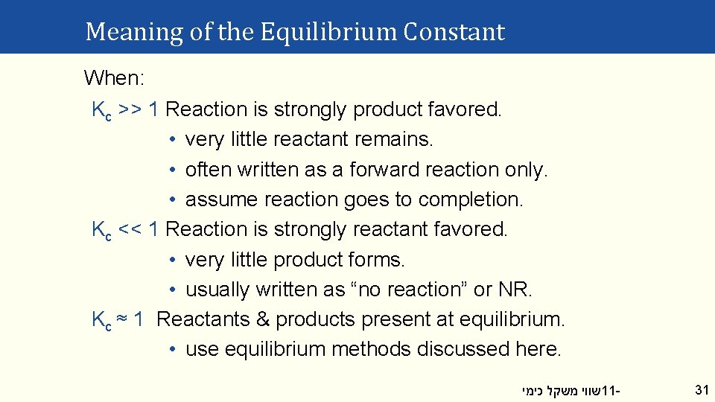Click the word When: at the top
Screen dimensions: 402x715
(115, 77)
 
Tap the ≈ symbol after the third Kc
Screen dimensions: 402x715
(124, 319)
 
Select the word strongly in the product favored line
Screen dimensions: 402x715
(311, 109)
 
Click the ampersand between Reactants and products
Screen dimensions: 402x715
(262, 319)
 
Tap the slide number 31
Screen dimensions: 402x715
(701, 389)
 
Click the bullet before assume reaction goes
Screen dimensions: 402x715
(171, 200)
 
